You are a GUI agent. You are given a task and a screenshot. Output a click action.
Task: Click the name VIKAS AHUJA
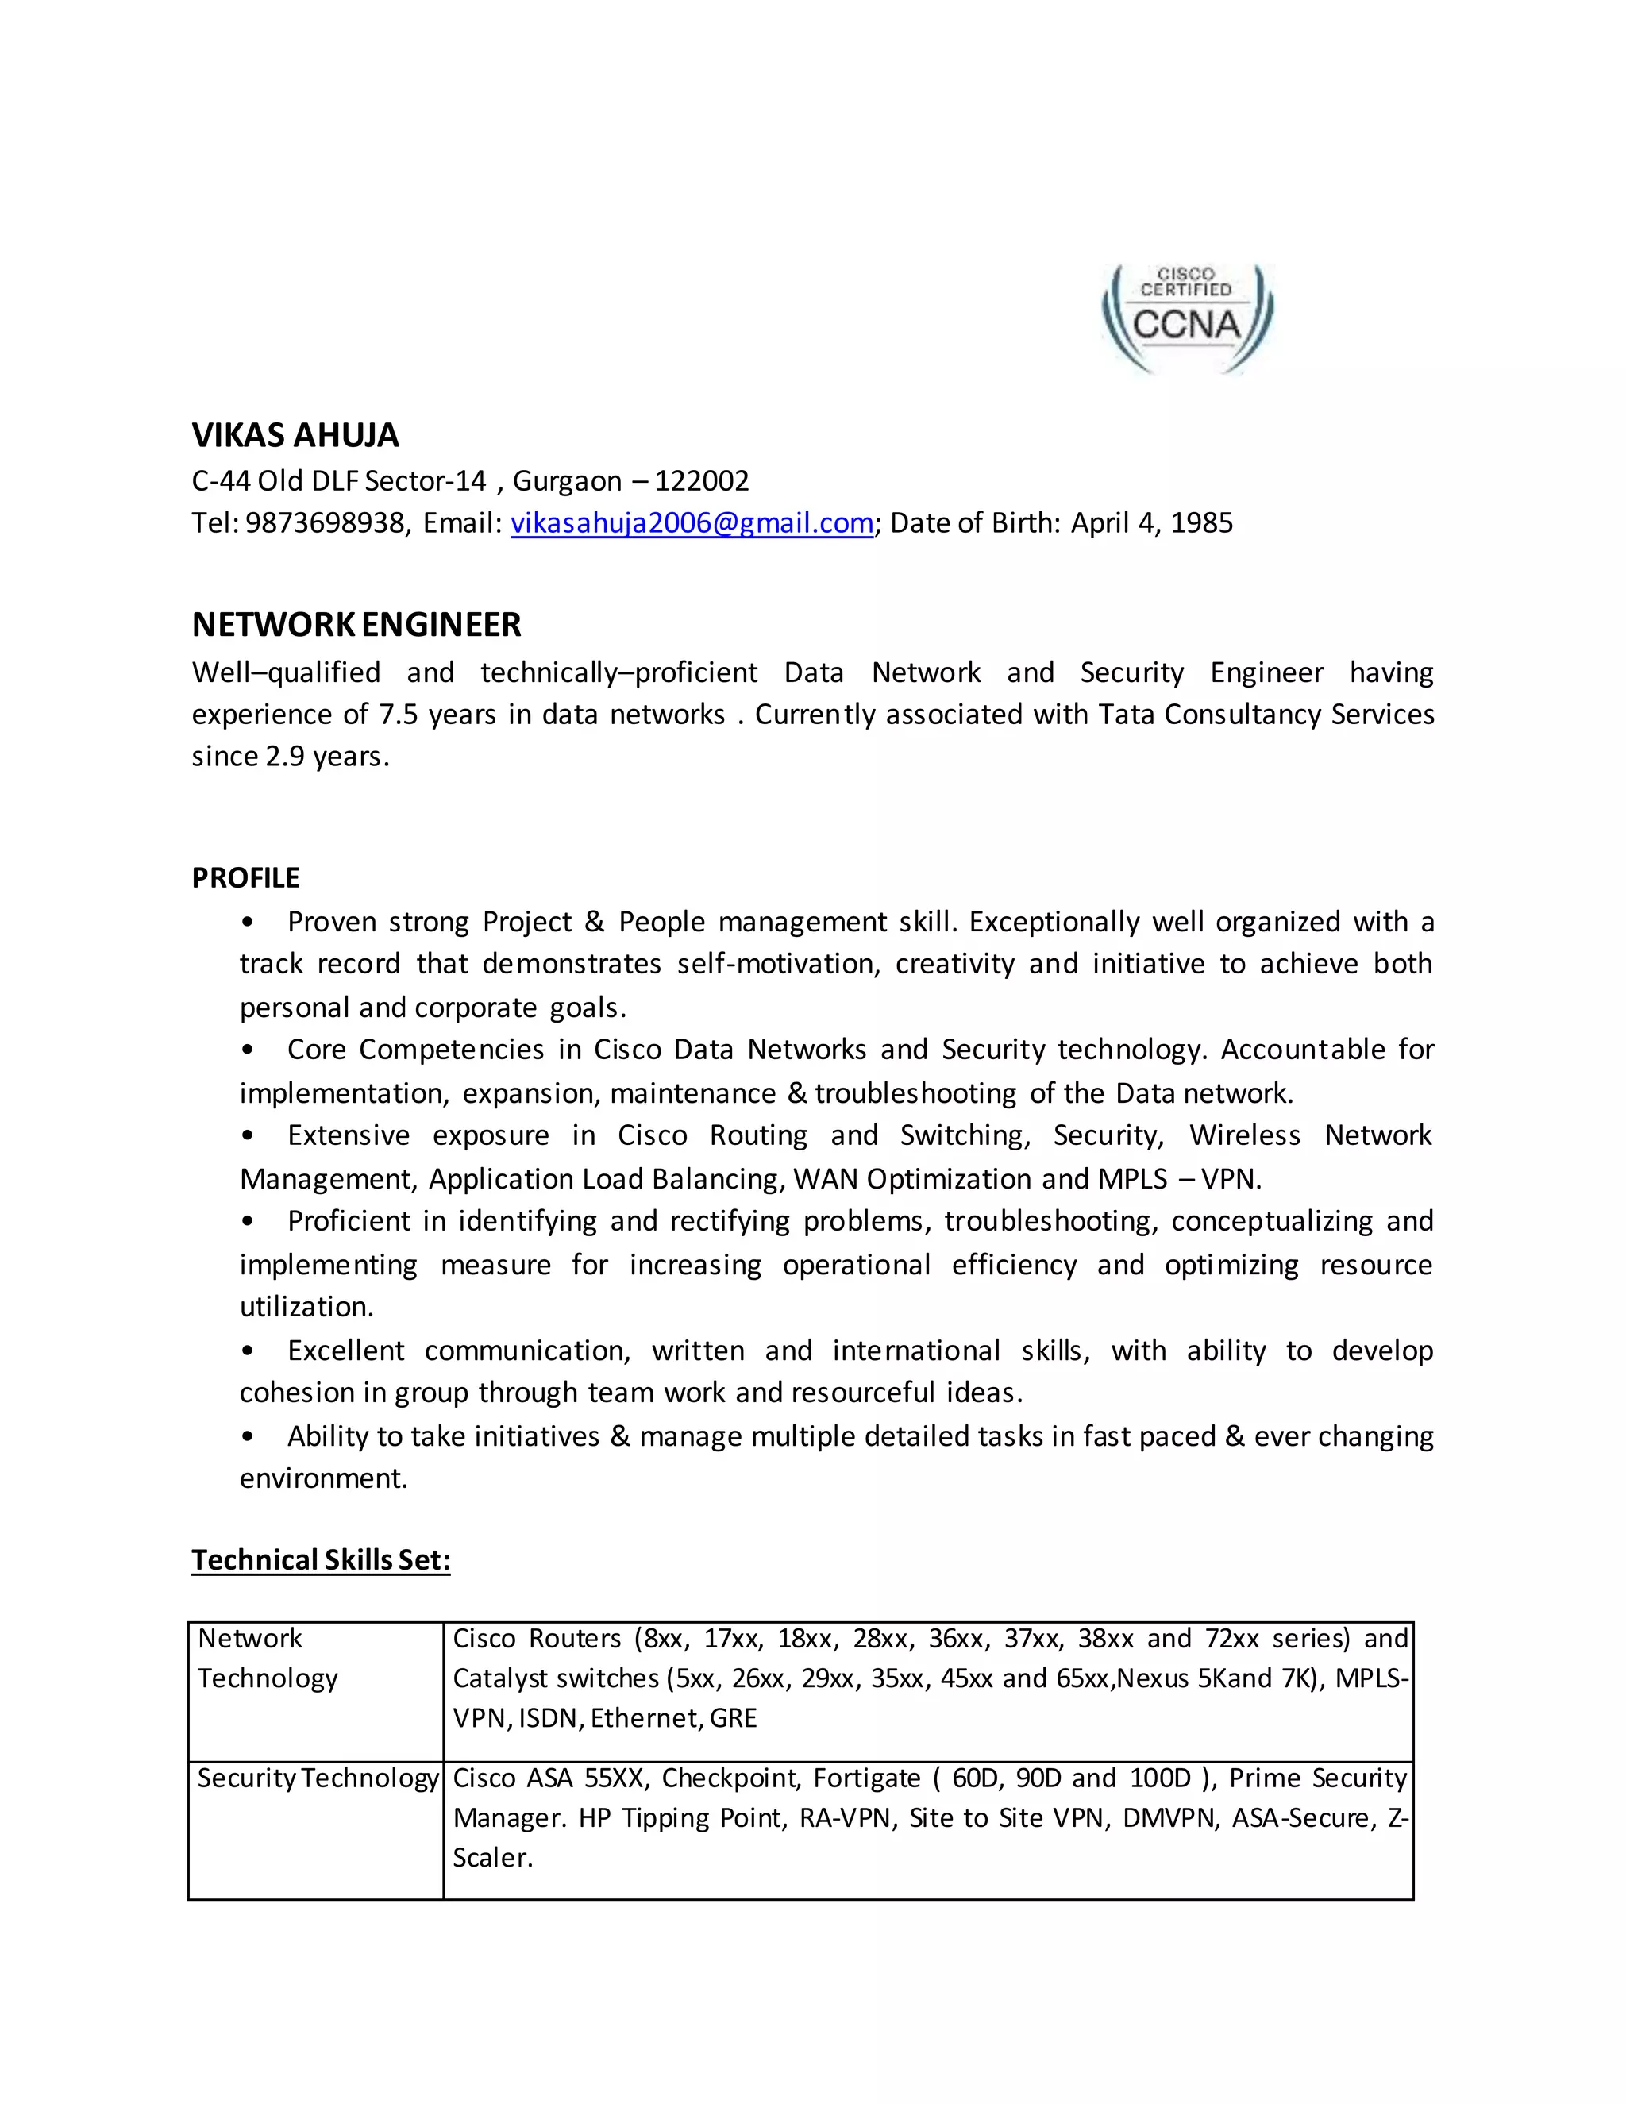click(295, 435)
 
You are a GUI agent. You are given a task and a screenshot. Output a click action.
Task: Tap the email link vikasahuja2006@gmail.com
click(692, 523)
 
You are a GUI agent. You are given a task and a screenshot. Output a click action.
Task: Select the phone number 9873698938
click(326, 523)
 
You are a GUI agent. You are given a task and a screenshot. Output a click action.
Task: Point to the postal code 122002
click(701, 480)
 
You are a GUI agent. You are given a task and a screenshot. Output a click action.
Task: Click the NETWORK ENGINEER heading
click(356, 625)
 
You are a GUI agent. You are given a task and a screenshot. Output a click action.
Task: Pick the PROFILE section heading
click(245, 877)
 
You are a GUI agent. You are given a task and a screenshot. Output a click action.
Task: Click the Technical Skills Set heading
click(321, 1559)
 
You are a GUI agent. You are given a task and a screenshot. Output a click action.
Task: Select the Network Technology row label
click(268, 1658)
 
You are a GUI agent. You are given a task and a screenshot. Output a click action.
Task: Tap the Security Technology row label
click(317, 1778)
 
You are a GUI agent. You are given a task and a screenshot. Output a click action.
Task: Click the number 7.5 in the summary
click(399, 714)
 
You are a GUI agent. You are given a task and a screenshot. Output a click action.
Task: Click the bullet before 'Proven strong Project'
click(248, 923)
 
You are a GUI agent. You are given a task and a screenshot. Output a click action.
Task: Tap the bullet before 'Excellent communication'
click(248, 1351)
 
